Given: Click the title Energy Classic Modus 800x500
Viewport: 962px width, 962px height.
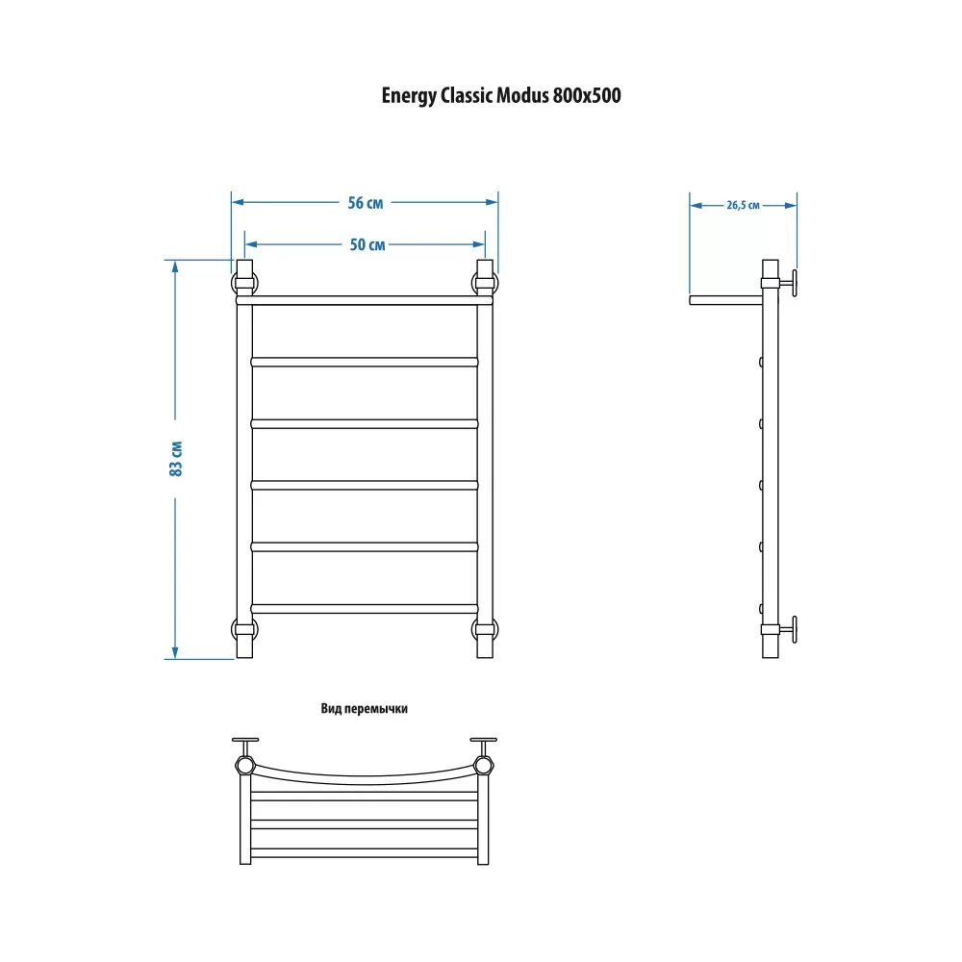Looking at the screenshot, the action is pos(500,95).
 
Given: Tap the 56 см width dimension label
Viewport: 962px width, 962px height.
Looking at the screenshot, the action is pos(365,202).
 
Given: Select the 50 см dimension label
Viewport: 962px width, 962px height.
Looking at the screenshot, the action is pos(367,244).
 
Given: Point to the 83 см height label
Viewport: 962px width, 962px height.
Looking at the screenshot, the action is pos(175,458).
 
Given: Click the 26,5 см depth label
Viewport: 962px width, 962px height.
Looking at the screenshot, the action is pos(743,206).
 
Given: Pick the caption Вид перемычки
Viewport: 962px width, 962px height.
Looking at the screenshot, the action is pos(364,709).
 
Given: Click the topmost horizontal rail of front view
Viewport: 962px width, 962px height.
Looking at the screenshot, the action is pos(365,300).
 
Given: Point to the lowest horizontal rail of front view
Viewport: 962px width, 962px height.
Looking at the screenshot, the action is pos(365,609).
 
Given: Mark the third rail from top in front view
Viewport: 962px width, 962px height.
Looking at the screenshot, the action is pos(365,423).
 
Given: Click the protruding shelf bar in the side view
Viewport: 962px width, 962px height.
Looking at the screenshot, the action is pos(725,300).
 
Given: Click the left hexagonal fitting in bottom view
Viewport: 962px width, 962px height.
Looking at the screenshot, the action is pos(244,765).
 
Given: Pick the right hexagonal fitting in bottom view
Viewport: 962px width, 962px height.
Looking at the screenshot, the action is pos(484,765).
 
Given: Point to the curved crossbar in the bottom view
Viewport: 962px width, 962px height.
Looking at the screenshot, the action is pos(365,779).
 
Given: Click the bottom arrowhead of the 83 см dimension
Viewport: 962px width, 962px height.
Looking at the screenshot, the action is pos(175,652).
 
